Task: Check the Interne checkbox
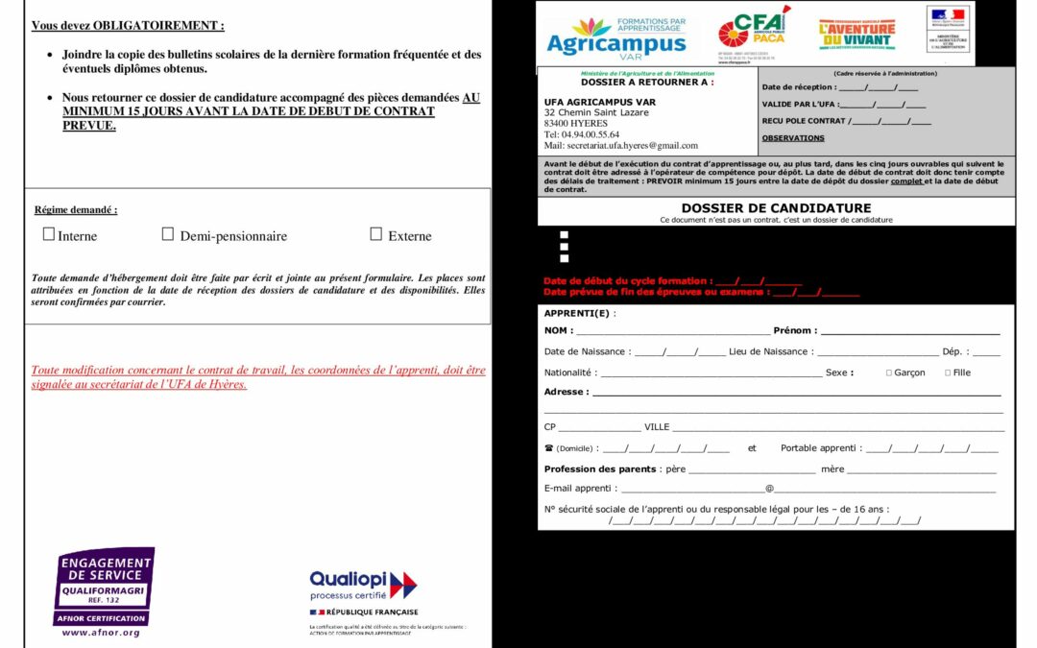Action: coord(49,234)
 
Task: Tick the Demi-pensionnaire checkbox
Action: coord(167,234)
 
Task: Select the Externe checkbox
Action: coord(376,234)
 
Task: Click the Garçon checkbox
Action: coord(889,372)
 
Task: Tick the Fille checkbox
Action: coord(948,372)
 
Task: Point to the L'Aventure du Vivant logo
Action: coord(856,34)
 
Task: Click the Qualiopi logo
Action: coord(363,585)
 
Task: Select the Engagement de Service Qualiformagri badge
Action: coord(104,586)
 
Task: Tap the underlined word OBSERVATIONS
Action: coord(792,138)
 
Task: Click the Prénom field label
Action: coord(794,330)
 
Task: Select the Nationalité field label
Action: coord(569,372)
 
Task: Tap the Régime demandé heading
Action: coord(76,209)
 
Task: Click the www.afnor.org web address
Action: coord(101,633)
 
